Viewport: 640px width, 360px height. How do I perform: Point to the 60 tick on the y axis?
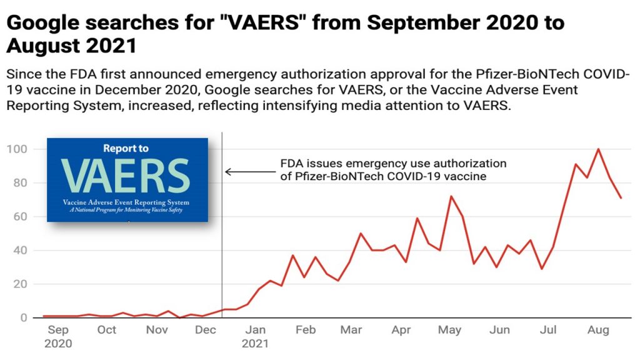click(18, 217)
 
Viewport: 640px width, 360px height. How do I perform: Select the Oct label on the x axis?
click(106, 329)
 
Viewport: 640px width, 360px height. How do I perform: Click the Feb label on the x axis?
click(305, 329)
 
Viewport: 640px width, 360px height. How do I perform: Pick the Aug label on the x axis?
click(599, 329)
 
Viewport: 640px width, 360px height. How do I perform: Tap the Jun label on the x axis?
click(499, 329)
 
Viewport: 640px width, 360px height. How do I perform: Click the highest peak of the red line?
click(599, 149)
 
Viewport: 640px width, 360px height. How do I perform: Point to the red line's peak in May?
click(451, 196)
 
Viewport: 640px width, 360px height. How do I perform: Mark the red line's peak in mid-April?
click(417, 218)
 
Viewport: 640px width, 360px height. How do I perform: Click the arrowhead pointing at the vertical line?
click(228, 172)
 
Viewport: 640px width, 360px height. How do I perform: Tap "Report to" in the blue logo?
click(126, 149)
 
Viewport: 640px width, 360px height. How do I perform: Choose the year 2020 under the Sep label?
click(58, 343)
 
